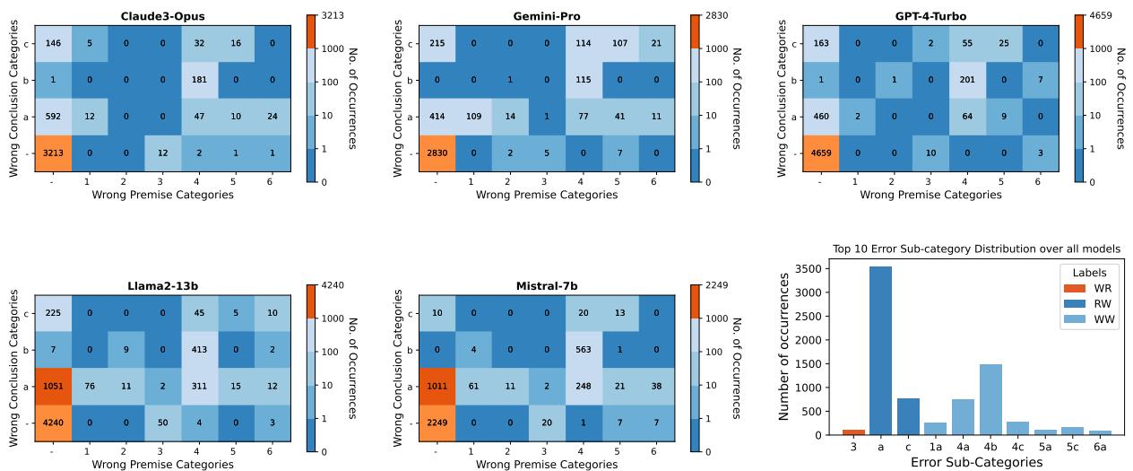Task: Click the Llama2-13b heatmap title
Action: [x=165, y=286]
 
